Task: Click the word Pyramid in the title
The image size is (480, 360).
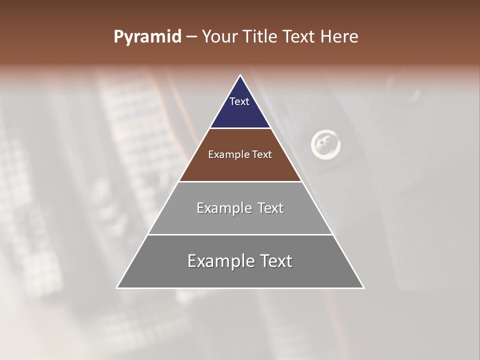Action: coord(147,37)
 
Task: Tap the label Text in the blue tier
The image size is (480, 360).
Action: coord(239,101)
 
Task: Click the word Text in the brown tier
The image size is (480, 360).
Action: coord(262,155)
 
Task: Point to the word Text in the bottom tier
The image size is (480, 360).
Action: coord(275,261)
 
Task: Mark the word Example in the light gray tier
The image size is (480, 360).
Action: coord(223,208)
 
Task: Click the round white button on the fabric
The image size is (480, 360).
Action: coord(325,144)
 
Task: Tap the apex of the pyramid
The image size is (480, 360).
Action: coord(240,76)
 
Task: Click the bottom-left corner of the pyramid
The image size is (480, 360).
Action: coord(117,287)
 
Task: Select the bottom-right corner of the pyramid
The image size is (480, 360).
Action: coord(363,287)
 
